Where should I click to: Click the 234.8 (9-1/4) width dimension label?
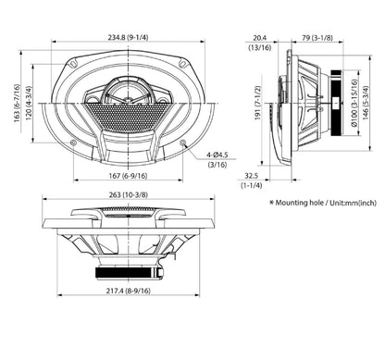tap(128, 37)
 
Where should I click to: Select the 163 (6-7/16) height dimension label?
tap(18, 103)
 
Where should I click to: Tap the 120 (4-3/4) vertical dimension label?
tap(29, 104)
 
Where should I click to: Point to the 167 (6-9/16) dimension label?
tap(128, 176)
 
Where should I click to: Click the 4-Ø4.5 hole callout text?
tap(217, 155)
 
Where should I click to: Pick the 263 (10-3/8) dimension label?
tap(129, 195)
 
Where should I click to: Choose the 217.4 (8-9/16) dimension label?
tap(129, 291)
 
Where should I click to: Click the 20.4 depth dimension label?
tap(260, 38)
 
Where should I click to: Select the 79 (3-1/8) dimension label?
tap(317, 38)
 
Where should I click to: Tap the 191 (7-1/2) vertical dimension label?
tap(258, 103)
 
